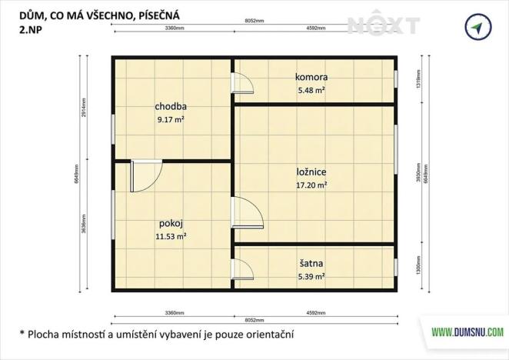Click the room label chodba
pos(171,107)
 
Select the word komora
pos(311,78)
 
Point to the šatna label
pos(311,264)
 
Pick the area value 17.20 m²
pos(312,185)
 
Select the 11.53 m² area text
pos(171,237)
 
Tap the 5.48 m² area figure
pos(311,90)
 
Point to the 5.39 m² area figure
pos(311,276)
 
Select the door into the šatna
pos(243,268)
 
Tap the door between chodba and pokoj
pos(146,175)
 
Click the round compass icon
pos(477,28)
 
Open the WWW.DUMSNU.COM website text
pos(467,332)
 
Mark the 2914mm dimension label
pos(83,108)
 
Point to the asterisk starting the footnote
pos(22,334)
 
